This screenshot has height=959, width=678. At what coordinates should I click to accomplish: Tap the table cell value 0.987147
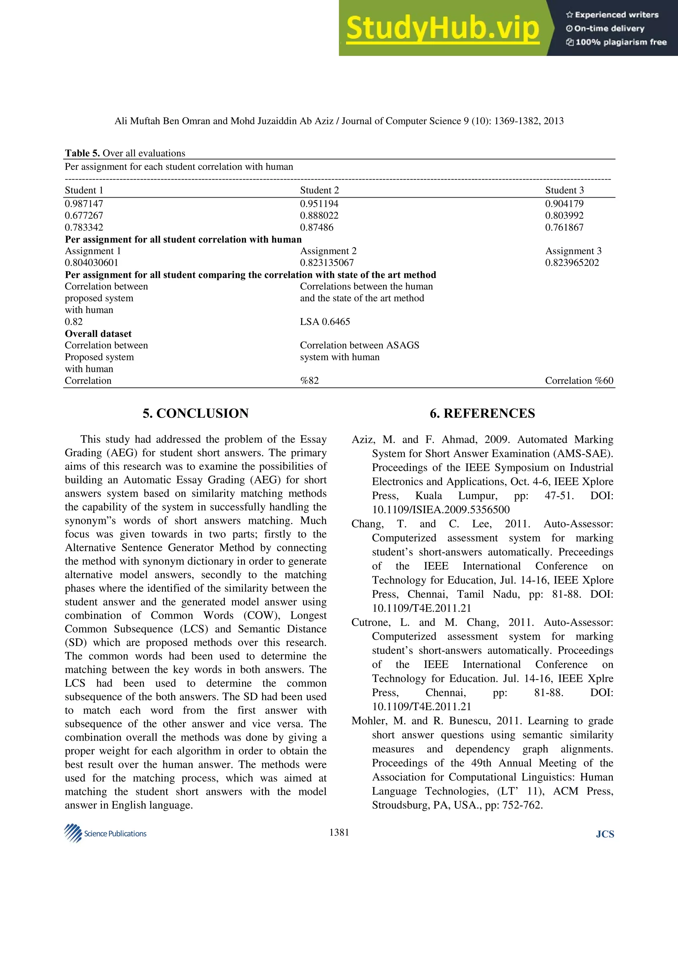84,204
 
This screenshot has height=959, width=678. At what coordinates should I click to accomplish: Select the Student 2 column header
319,191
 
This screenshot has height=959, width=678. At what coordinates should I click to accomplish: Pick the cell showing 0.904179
564,204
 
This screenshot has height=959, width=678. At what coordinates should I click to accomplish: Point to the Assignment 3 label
573,251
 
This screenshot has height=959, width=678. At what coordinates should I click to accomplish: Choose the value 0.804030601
91,263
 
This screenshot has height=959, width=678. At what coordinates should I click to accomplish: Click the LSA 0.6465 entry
325,322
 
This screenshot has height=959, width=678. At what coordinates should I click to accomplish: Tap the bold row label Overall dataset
98,334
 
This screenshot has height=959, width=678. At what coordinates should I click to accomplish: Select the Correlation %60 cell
579,381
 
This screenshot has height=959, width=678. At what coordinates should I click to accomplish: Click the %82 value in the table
310,381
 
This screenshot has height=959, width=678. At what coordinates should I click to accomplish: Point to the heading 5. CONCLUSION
196,414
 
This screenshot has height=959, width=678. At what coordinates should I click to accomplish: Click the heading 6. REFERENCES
482,414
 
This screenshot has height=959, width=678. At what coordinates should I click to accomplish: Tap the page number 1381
339,833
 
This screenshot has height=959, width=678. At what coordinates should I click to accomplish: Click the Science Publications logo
105,833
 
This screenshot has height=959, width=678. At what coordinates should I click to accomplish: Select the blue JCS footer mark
605,834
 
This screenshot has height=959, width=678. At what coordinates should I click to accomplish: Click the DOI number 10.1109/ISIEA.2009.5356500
441,510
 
